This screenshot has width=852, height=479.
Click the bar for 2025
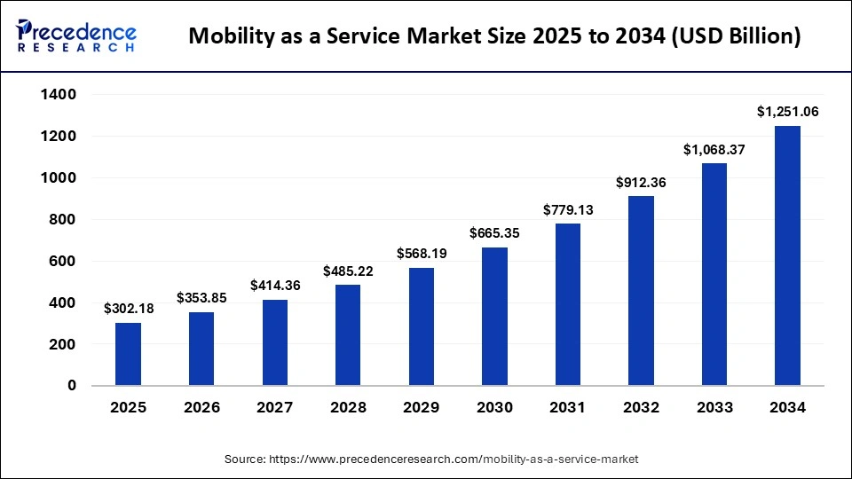click(x=128, y=354)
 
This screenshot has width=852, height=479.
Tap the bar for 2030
click(x=494, y=317)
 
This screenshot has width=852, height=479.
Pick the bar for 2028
click(x=348, y=335)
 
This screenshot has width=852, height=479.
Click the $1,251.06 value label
click(x=787, y=112)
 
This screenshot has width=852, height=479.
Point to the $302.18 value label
click(x=128, y=309)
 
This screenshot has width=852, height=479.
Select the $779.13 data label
click(x=567, y=210)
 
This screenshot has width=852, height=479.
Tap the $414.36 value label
click(x=274, y=286)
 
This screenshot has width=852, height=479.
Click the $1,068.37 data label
click(x=714, y=150)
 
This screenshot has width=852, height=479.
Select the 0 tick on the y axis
click(x=72, y=386)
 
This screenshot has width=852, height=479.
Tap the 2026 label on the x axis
click(x=201, y=408)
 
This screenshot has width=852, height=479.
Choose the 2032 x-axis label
click(x=641, y=408)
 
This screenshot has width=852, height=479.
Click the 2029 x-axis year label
click(x=421, y=408)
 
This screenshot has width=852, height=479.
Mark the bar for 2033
click(x=714, y=274)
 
